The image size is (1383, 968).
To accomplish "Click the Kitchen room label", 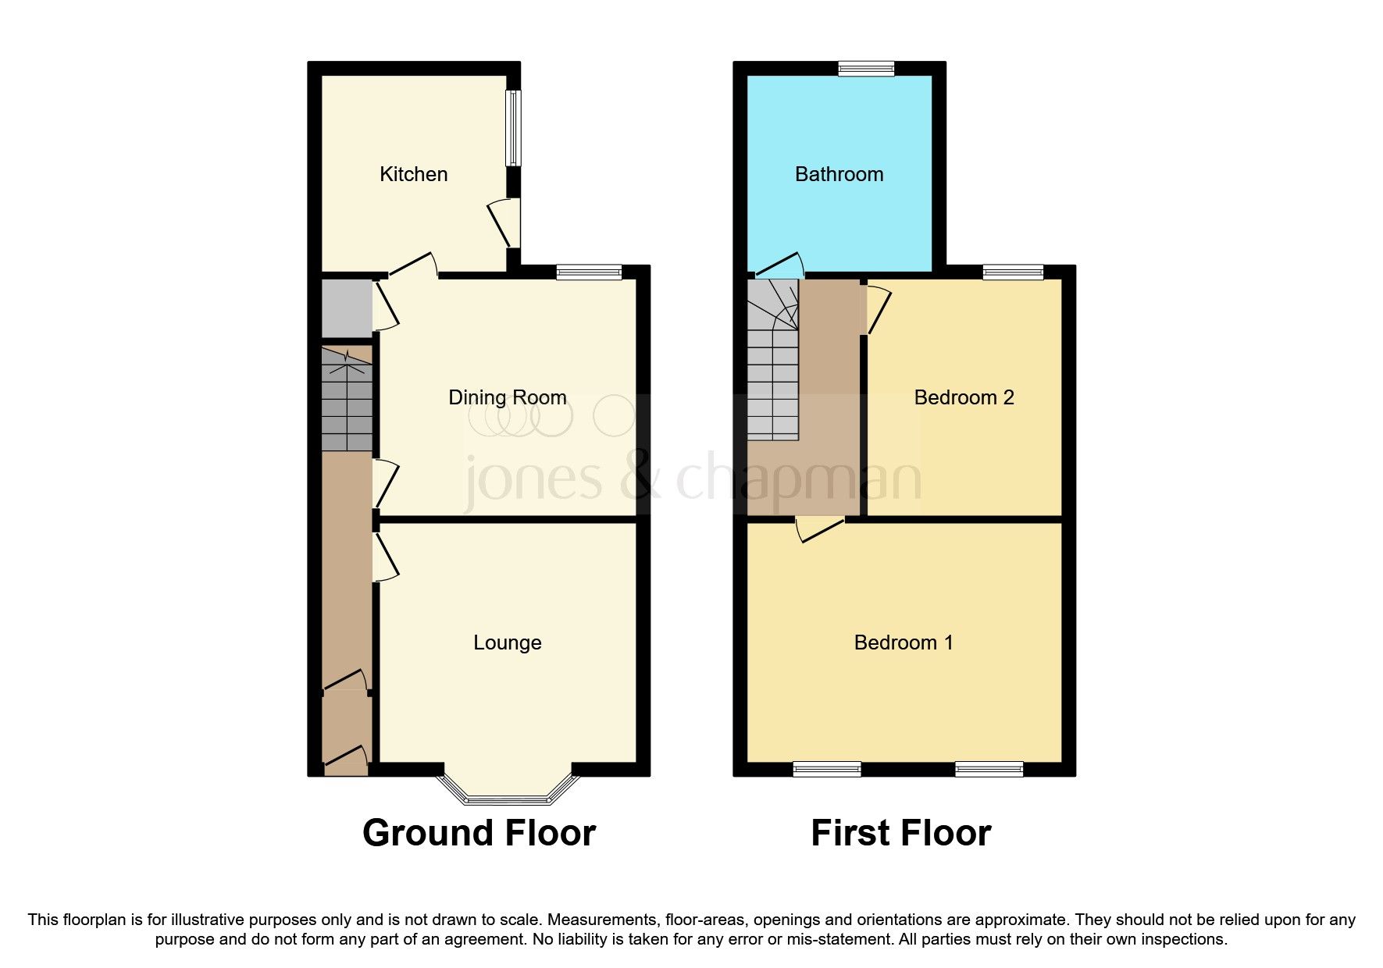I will click(413, 174).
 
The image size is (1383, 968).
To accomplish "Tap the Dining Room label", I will click(507, 397).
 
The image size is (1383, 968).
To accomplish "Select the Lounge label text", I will click(507, 642).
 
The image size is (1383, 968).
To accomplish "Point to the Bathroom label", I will click(839, 174).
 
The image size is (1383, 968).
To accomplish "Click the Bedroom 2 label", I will click(964, 397).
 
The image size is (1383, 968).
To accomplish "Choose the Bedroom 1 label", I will click(904, 642).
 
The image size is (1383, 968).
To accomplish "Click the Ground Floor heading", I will click(479, 833).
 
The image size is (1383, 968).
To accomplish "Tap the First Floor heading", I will click(900, 833).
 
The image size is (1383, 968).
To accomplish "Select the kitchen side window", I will click(513, 128).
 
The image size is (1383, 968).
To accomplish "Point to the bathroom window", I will click(866, 69).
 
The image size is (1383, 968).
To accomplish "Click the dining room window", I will click(589, 272).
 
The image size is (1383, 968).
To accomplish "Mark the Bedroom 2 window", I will click(1013, 272).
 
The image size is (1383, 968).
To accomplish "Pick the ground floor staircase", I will click(347, 400).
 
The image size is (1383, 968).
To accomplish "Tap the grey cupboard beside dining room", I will click(347, 308).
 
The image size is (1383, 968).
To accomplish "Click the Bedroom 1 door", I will click(820, 529).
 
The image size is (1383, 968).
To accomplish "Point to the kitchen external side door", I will click(506, 222).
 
